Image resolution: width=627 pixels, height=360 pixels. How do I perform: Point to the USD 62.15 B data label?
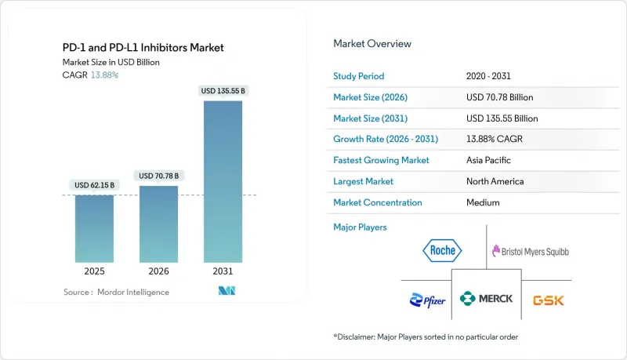pos(94,185)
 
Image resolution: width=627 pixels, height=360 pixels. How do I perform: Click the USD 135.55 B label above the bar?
pos(223,91)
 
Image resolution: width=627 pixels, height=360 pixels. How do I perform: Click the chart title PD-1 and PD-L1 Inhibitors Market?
pos(143,48)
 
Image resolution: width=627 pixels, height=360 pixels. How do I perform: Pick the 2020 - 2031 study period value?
pos(487,76)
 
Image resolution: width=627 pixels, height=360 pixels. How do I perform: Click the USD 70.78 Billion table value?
pos(502,97)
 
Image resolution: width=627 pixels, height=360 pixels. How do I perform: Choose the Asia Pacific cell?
pos(487,160)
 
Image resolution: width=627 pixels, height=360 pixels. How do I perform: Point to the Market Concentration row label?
pos(378,202)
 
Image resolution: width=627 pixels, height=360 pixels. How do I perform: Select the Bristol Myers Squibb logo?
pos(530,252)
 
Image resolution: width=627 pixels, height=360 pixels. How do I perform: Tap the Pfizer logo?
pos(427,299)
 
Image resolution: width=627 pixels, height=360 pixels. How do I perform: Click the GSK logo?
pos(548,300)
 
